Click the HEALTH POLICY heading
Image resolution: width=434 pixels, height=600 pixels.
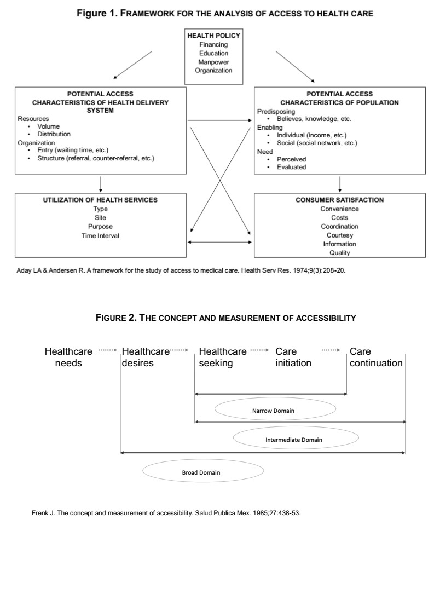[213, 36]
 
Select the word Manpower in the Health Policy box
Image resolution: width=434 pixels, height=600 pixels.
[213, 62]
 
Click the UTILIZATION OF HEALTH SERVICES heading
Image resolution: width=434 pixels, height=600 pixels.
[100, 200]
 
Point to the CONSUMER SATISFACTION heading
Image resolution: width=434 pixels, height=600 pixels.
[339, 200]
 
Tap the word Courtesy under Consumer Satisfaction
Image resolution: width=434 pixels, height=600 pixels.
[339, 235]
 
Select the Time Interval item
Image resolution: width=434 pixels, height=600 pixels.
[100, 236]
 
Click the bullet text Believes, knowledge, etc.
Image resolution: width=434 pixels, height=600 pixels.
[314, 119]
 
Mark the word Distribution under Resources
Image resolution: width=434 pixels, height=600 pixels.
[54, 134]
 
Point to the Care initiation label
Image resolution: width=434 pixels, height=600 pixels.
[293, 357]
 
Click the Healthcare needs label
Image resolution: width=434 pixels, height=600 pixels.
[68, 357]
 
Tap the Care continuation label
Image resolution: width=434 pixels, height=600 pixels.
[376, 357]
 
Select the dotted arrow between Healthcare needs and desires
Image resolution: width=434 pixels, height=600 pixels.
[107, 350]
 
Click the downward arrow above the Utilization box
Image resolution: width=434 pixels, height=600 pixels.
[101, 184]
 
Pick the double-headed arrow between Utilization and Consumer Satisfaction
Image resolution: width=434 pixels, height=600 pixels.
[220, 242]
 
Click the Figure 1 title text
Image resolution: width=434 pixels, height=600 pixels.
[225, 13]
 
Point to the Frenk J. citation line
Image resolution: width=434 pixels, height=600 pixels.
[166, 513]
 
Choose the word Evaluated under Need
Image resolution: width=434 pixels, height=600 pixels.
[291, 167]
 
